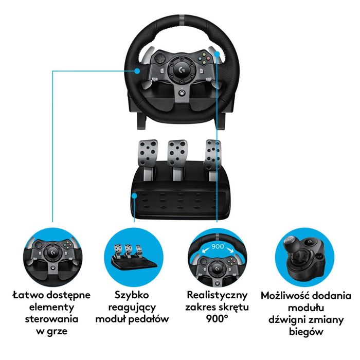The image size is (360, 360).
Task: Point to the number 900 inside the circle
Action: coord(218,246)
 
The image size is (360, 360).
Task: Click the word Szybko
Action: coord(133,296)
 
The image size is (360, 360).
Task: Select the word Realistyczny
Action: coord(218,296)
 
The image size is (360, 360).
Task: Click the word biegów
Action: coord(306,332)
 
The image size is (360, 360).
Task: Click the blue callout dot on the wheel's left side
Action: coord(138,71)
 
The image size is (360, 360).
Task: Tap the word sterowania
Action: coord(51,319)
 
